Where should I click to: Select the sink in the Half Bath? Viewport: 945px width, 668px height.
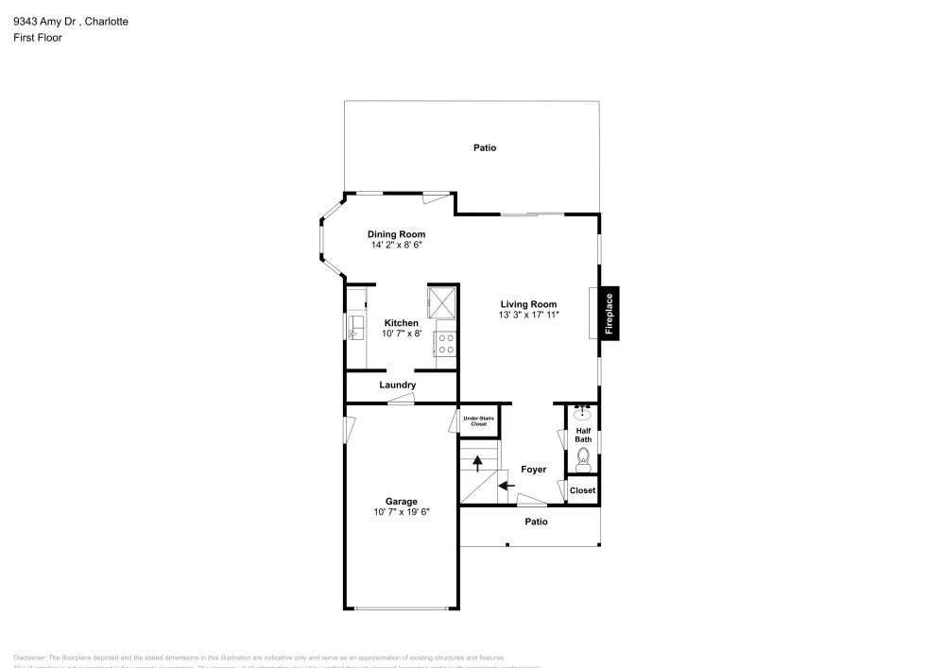coord(583,413)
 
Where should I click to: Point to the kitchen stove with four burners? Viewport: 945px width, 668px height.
coord(446,343)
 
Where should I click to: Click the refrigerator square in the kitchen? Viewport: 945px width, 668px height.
coord(442,300)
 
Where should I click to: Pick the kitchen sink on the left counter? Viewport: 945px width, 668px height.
coord(357,327)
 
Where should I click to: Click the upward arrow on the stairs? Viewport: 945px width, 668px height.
coord(478,462)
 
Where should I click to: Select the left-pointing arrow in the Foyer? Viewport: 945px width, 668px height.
coord(506,486)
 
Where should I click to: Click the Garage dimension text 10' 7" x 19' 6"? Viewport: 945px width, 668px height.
coord(401,512)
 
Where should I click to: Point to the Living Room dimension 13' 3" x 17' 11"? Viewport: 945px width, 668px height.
coord(529,315)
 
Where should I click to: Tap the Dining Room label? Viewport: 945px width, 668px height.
coord(396,234)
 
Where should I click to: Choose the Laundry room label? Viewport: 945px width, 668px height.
coord(398,385)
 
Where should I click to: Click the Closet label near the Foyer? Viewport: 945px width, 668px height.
coord(583,490)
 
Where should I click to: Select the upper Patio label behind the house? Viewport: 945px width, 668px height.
coord(485,147)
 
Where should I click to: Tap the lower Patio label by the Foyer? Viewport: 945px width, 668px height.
coord(536,521)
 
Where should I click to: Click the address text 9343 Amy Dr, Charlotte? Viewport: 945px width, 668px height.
coord(71,21)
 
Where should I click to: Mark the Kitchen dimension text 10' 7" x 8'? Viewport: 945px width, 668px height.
coord(401,334)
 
